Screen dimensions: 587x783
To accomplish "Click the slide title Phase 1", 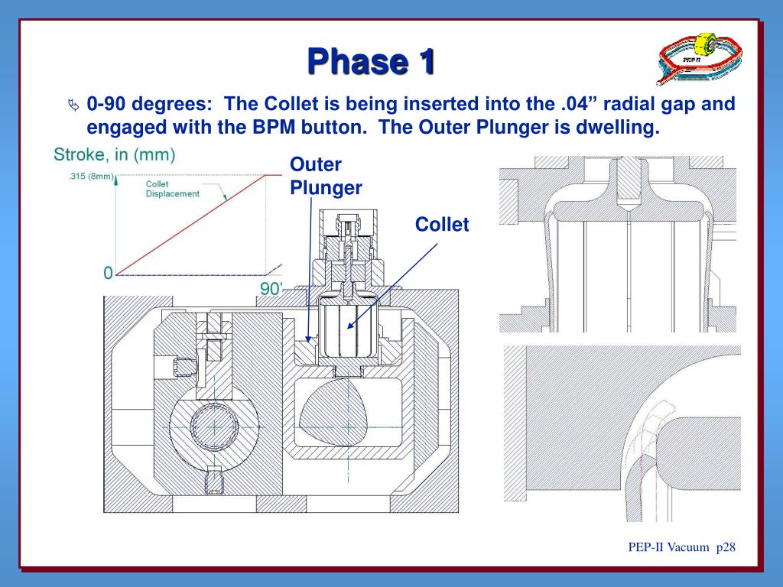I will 371,62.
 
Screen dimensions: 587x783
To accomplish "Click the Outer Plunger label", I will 326,176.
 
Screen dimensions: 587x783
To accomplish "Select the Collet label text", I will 441,224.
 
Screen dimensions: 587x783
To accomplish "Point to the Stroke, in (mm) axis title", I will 115,155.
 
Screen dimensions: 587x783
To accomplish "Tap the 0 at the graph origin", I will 108,273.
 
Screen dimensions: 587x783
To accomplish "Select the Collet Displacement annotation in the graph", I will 171,189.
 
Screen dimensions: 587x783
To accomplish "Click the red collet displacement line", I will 191,225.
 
